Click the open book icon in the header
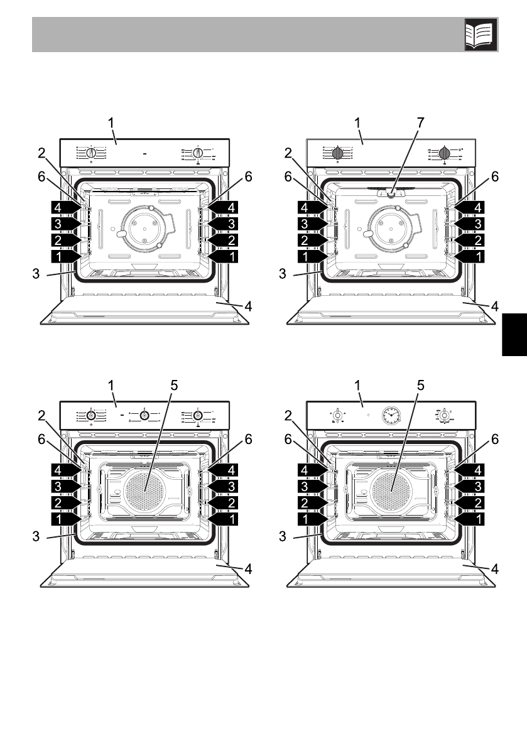pyautogui.click(x=481, y=34)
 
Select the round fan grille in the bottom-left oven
pyautogui.click(x=144, y=487)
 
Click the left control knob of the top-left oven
pyautogui.click(x=92, y=153)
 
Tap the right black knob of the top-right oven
pyautogui.click(x=445, y=153)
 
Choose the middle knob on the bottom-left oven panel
pyautogui.click(x=145, y=415)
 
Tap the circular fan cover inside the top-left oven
pyautogui.click(x=144, y=227)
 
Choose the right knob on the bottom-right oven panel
pyautogui.click(x=445, y=415)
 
